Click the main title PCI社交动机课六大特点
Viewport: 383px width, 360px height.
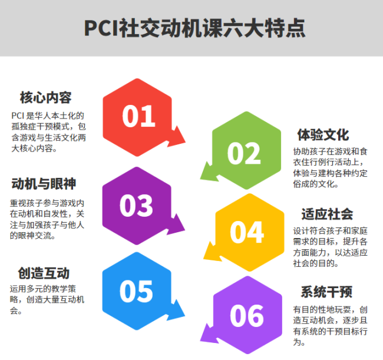[194, 28]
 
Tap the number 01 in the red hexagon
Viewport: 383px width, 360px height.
[138, 116]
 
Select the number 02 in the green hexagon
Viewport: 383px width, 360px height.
[244, 153]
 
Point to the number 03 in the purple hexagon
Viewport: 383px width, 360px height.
[136, 206]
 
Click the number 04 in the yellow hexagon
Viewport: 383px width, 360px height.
[247, 232]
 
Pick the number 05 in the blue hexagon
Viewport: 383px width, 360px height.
[136, 291]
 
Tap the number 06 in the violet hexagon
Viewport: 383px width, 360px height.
[247, 316]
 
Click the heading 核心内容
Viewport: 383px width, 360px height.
[46, 97]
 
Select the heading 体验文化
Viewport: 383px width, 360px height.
[323, 135]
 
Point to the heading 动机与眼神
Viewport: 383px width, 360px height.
[44, 184]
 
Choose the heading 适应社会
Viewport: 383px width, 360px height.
[327, 214]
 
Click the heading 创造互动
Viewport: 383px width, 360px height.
[44, 273]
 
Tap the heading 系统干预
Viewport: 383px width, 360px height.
[326, 292]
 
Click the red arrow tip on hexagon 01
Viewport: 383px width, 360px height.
[185, 142]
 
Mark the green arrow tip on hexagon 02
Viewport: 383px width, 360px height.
[200, 179]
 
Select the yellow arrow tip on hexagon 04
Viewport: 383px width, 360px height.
[204, 259]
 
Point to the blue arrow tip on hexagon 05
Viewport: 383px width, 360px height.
[184, 316]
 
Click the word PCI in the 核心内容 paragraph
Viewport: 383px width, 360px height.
[18, 115]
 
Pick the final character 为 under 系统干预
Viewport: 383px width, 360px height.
[297, 342]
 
